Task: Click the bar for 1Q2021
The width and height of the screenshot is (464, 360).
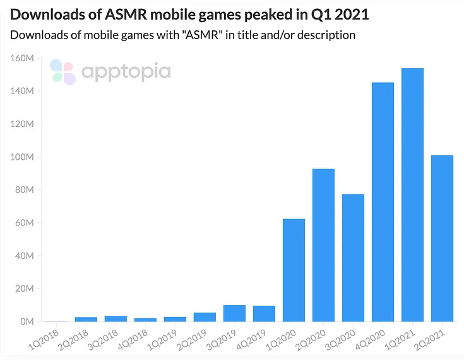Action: coord(413,195)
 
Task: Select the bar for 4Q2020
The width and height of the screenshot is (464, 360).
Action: coord(383,202)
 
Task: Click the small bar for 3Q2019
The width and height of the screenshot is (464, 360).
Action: coord(235,313)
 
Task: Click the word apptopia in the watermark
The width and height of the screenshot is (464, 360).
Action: coord(126,71)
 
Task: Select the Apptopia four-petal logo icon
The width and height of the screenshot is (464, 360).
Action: coord(62,71)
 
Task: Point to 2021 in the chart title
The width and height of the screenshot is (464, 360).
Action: coord(351,13)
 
